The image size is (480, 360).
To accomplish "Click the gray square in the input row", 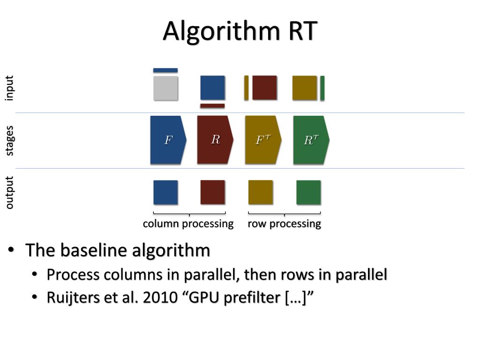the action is click(165, 88).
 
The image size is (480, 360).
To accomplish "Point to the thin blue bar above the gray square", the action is click(165, 70).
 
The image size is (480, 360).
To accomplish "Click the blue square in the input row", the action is click(212, 88).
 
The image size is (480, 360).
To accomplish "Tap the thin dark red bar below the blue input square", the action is click(212, 106).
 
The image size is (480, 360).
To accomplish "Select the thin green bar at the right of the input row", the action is click(322, 88).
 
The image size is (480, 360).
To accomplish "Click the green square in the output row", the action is click(308, 192).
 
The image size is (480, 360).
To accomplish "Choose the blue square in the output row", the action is click(165, 192).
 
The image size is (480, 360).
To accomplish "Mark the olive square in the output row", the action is click(261, 192).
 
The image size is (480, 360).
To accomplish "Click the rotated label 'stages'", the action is click(9, 140).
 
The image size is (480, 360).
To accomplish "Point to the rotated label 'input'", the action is click(9, 88).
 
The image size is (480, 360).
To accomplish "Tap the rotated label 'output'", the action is click(9, 192).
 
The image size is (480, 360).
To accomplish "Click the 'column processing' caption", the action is click(188, 224).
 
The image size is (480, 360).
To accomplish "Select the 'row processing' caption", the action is click(284, 224).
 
